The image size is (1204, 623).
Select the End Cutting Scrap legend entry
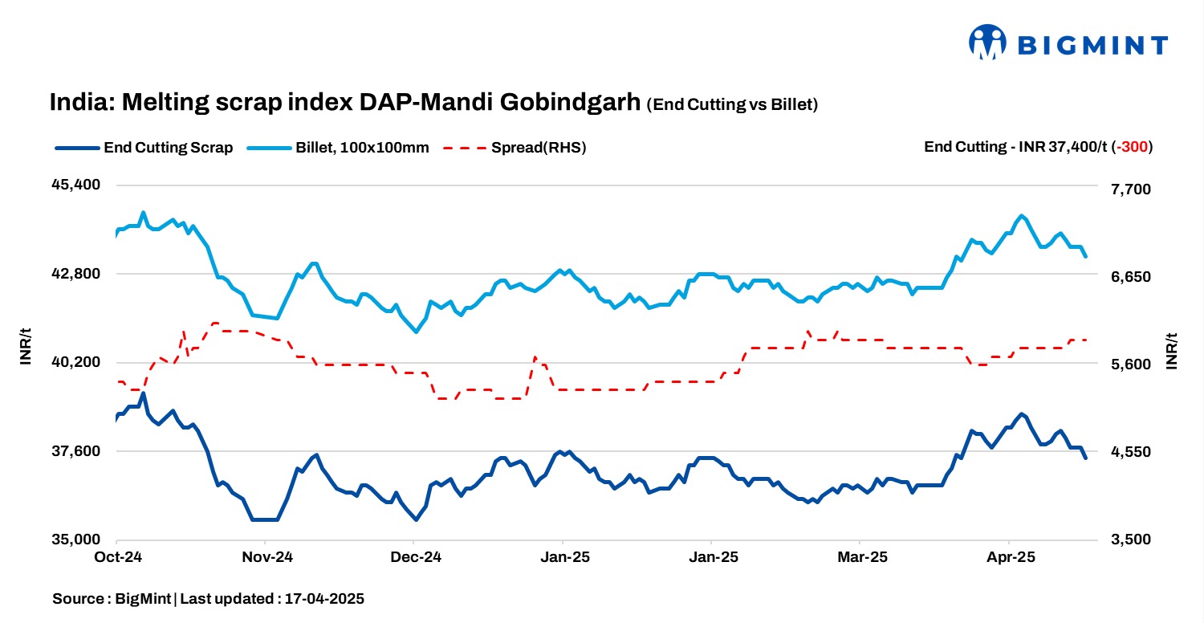144,148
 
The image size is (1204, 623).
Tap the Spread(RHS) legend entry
515,148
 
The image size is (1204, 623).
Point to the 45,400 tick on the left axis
75,185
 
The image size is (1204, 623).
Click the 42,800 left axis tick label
75,274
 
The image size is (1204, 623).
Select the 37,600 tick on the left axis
75,451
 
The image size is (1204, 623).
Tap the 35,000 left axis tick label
75,540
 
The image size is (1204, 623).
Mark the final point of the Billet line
1085,256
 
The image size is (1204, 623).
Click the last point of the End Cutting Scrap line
1085,458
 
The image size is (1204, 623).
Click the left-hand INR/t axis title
26,347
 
